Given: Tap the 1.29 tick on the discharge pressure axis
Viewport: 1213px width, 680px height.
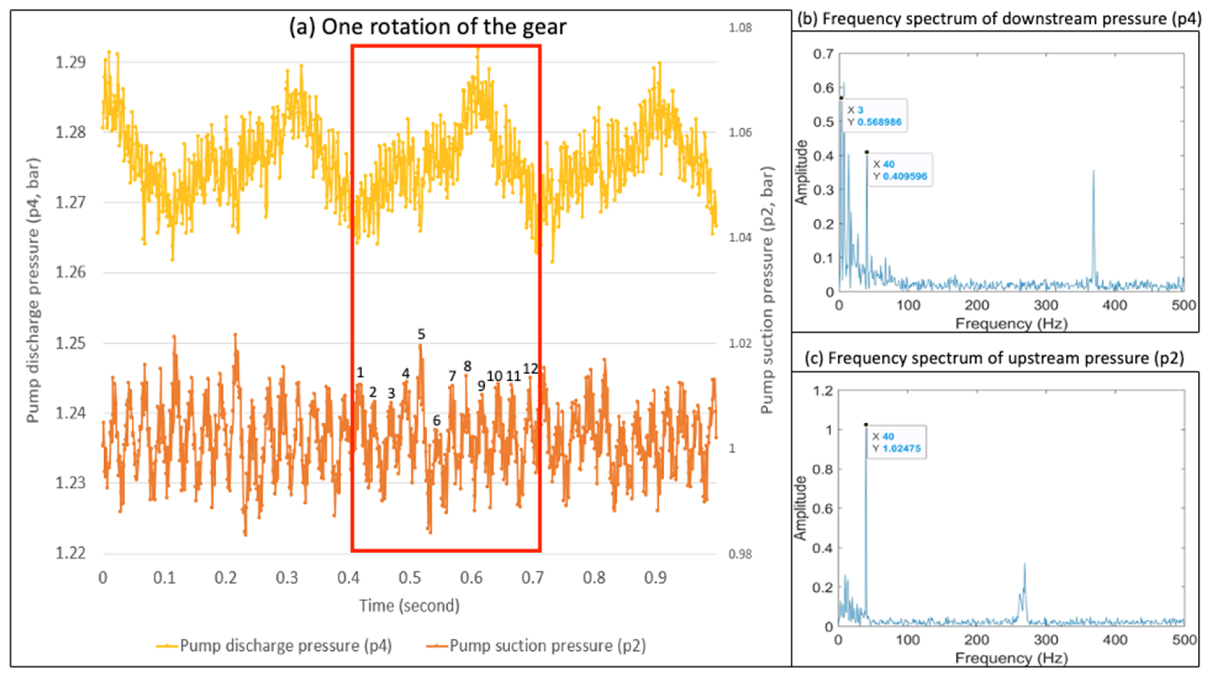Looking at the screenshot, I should pos(71,62).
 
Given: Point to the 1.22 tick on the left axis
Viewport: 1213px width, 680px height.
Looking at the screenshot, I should pos(71,553).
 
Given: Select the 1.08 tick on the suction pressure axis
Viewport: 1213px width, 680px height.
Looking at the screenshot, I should pos(740,28).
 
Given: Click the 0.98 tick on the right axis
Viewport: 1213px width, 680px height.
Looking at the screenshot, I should pos(740,554).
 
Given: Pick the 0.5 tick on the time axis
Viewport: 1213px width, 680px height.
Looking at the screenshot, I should pos(410,578).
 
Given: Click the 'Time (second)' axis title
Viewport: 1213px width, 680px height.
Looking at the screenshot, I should pos(409,605).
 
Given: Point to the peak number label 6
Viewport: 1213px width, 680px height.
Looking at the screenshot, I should pos(437,421).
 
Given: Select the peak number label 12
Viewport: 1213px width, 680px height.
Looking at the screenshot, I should pos(530,369).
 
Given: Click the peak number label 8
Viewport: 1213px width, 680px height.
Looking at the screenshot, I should pos(467,366).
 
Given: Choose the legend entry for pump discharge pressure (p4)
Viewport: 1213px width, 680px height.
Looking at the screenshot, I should pos(275,645).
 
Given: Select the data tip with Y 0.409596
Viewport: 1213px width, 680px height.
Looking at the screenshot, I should pos(899,170).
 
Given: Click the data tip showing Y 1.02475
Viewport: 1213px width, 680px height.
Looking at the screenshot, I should pos(896,442).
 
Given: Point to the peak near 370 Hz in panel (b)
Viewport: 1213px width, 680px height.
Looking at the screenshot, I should pos(1093,172).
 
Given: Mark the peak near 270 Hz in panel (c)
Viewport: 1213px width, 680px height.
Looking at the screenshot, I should pos(1025,564).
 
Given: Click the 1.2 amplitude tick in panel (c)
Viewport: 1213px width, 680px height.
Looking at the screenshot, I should pos(823,391).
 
